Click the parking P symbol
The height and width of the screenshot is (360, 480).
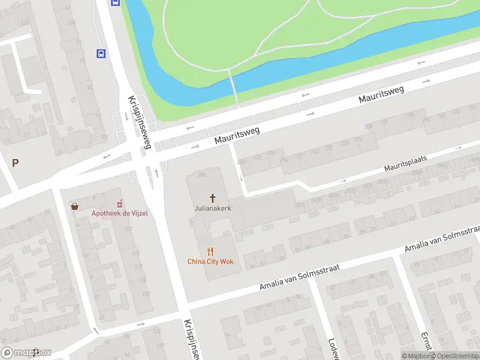point(16,163)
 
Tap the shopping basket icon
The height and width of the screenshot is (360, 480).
point(74,206)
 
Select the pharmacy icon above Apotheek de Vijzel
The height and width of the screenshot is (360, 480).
point(119,203)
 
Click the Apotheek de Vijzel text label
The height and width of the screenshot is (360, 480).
point(119,213)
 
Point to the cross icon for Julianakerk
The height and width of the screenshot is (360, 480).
point(212,198)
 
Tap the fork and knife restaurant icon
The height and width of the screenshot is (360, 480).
point(210,251)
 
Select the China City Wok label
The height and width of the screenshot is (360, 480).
point(210,261)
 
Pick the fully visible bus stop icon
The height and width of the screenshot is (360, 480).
point(101,53)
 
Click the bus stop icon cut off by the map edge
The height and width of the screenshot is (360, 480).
point(115,2)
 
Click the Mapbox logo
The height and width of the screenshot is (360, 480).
point(26,353)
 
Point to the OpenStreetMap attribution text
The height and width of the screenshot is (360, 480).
point(453,356)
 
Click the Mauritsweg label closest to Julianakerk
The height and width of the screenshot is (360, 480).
point(237,135)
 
